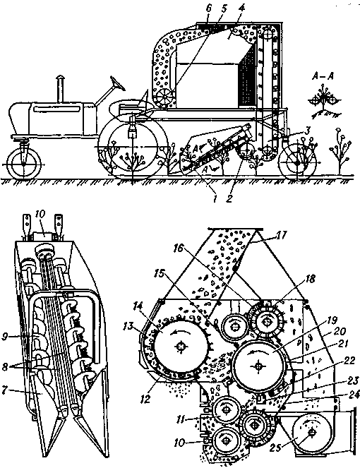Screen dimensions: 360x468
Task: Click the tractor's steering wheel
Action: [x=118, y=83]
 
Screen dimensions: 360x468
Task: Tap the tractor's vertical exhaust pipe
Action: [x=61, y=89]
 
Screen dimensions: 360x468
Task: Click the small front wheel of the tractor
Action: [x=23, y=164]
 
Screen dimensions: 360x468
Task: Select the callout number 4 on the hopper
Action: [x=241, y=8]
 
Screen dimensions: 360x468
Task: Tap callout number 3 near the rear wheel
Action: [x=307, y=131]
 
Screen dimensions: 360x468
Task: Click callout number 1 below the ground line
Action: [x=214, y=198]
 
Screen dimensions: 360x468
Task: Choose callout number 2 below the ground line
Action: [x=229, y=198]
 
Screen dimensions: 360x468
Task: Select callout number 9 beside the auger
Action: [x=6, y=337]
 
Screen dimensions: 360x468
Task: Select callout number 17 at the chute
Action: [x=281, y=236]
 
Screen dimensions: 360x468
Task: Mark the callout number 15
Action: [x=161, y=273]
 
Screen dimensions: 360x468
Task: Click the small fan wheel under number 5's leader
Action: [x=165, y=97]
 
